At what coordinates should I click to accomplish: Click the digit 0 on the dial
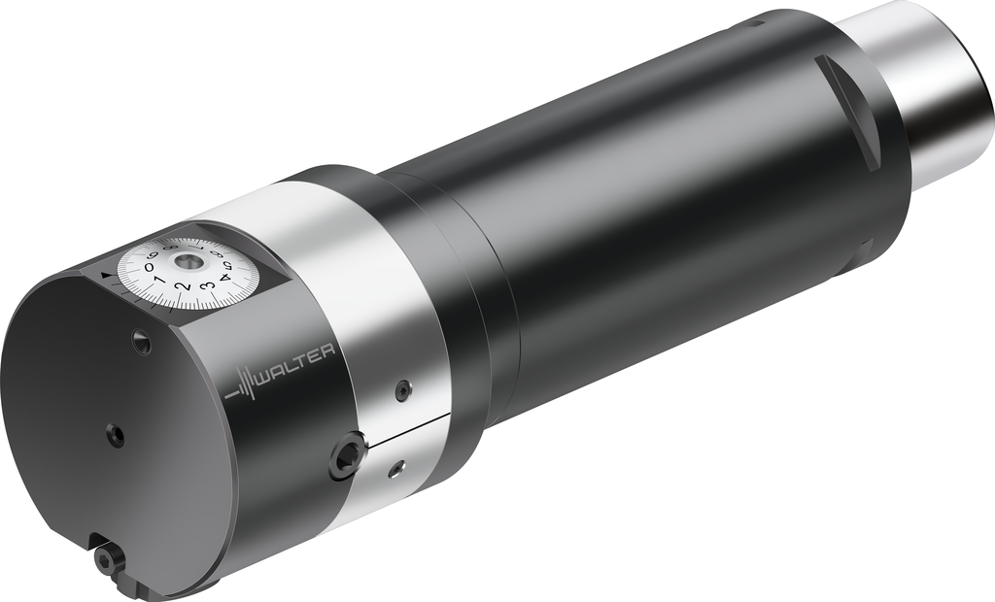point(149,268)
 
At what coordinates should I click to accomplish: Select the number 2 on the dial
point(184,287)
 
